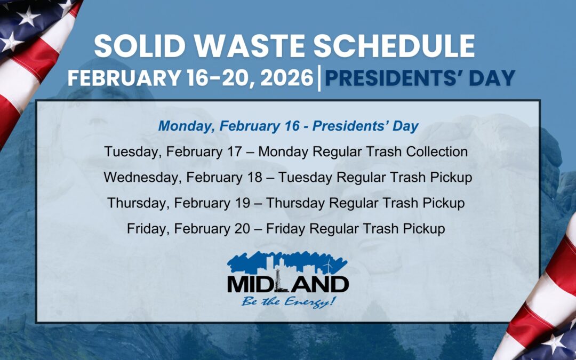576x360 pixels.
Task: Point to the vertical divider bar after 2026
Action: (x=319, y=78)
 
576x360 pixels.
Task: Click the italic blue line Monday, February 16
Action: (x=288, y=126)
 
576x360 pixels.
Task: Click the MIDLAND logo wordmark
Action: (x=288, y=284)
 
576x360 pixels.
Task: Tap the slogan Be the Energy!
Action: (x=289, y=301)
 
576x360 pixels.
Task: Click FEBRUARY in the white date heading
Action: (x=123, y=78)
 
